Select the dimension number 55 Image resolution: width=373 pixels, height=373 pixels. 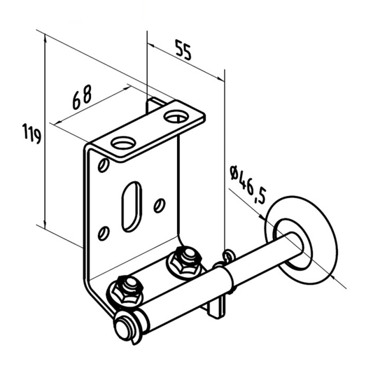coord(183,50)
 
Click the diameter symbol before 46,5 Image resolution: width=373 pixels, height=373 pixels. coord(235,173)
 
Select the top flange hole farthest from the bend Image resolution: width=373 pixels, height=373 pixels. coord(176,116)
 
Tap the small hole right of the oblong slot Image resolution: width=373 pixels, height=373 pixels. coord(159,205)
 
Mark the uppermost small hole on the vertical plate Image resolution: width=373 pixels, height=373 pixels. coord(104,165)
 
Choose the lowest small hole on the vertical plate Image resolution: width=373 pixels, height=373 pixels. coord(104,234)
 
